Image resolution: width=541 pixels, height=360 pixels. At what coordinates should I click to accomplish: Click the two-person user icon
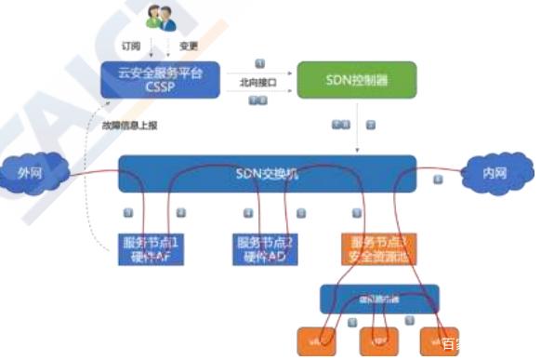pyautogui.click(x=159, y=20)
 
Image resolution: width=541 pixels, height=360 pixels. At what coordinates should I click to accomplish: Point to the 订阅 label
pyautogui.click(x=132, y=43)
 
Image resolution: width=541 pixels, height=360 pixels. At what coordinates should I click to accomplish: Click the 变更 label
pyautogui.click(x=189, y=43)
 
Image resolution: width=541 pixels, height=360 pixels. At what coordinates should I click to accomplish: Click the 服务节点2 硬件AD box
pyautogui.click(x=264, y=248)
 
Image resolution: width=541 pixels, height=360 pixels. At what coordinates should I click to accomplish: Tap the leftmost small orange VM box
pyautogui.click(x=319, y=340)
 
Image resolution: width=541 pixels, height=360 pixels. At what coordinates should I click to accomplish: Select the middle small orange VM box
pyautogui.click(x=378, y=340)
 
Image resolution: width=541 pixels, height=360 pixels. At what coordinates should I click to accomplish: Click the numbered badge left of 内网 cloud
pyautogui.click(x=438, y=178)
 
